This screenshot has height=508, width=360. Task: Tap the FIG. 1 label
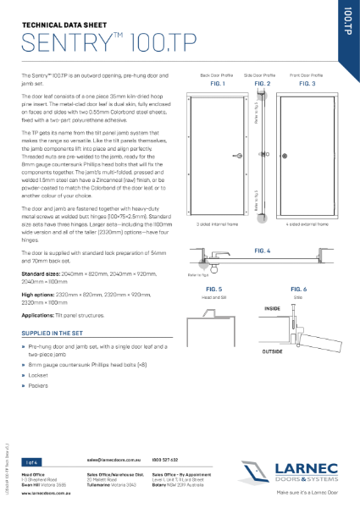(x=216, y=85)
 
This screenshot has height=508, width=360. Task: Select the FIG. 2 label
(x=262, y=85)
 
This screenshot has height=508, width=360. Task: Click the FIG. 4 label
(x=262, y=251)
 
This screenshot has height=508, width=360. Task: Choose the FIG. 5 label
(x=214, y=290)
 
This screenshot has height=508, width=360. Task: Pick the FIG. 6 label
(x=300, y=290)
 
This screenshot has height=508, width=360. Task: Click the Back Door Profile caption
(x=216, y=75)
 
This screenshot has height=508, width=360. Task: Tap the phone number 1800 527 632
(x=166, y=459)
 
